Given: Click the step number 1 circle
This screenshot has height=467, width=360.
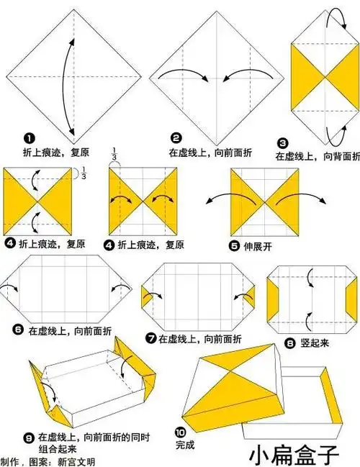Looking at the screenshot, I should point(30,138).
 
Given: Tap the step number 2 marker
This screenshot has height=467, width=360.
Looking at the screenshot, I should point(176,138).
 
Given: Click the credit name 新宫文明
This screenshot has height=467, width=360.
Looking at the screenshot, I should point(76,461).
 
